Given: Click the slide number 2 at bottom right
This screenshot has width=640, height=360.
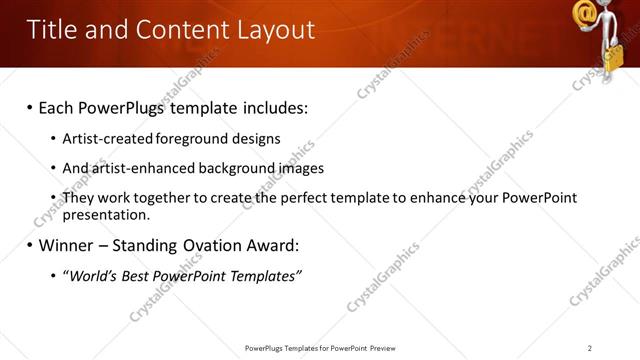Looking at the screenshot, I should point(589,347).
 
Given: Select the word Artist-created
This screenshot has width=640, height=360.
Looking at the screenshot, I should point(109,139).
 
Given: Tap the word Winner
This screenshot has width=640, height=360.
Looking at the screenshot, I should point(68,244).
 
